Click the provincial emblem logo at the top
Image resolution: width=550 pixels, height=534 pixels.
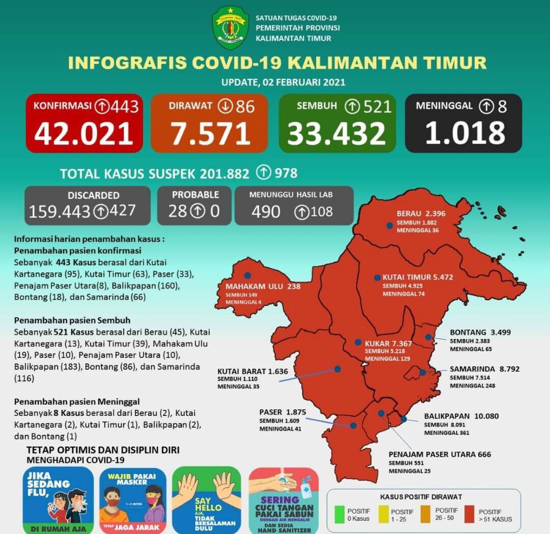pyautogui.click(x=230, y=28)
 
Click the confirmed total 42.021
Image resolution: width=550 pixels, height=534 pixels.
pyautogui.click(x=84, y=133)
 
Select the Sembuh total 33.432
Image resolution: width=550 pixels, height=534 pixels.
pyautogui.click(x=337, y=133)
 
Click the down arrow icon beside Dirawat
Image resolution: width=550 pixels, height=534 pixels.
pyautogui.click(x=225, y=106)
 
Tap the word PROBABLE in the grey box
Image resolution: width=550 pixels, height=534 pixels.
pyautogui.click(x=196, y=194)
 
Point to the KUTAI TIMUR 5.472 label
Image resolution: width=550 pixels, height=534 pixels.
pyautogui.click(x=418, y=277)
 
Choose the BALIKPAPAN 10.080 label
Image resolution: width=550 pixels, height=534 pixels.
pyautogui.click(x=461, y=416)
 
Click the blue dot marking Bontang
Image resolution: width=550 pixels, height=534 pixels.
pyautogui.click(x=429, y=337)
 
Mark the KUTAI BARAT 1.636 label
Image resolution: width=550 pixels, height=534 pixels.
pyautogui.click(x=253, y=371)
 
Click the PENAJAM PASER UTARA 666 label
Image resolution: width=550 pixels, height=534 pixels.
pyautogui.click(x=439, y=454)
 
